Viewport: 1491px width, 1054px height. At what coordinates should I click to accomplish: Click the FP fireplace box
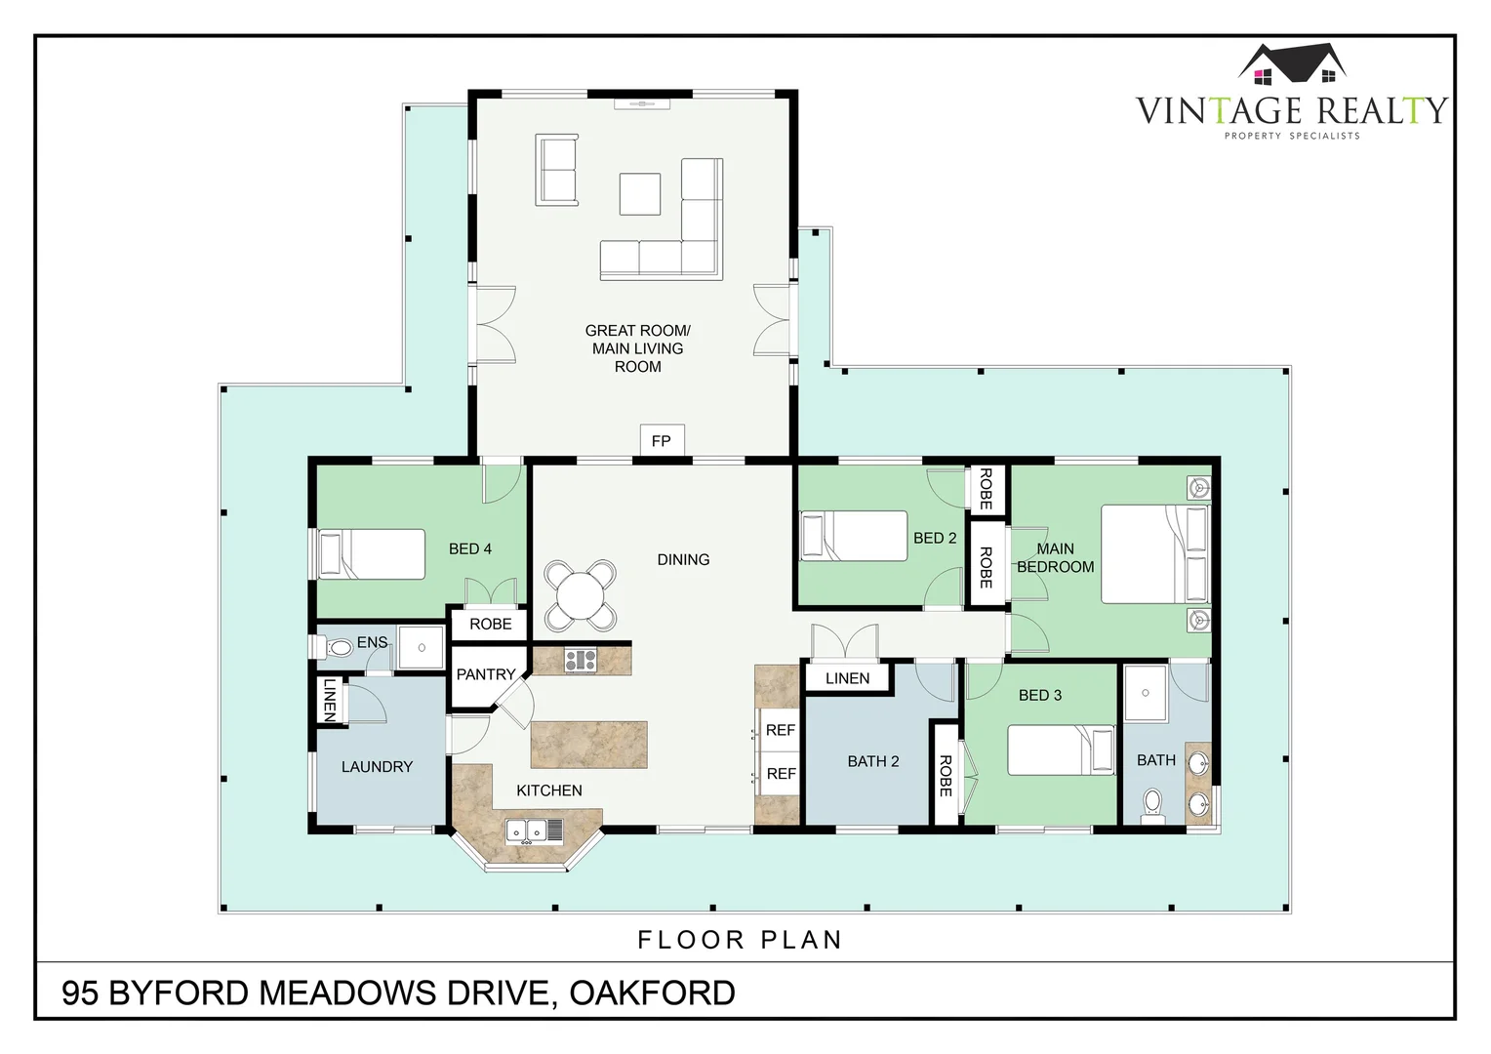tap(662, 440)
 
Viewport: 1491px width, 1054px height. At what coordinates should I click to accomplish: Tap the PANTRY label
tap(486, 673)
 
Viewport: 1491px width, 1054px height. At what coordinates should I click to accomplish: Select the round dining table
tap(579, 594)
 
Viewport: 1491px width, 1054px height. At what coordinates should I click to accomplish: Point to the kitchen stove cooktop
tap(581, 661)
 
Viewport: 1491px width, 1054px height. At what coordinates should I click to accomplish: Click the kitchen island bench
tap(589, 745)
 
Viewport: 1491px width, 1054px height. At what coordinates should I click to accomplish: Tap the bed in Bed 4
tap(371, 554)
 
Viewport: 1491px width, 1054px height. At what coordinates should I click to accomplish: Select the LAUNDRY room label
tap(378, 766)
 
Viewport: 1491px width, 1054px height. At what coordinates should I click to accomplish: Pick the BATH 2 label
tap(873, 761)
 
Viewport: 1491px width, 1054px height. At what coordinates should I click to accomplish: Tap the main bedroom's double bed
tap(1155, 554)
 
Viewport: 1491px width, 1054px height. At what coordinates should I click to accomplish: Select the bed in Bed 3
tap(1061, 750)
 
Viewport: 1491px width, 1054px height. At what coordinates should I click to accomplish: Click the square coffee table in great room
tap(640, 194)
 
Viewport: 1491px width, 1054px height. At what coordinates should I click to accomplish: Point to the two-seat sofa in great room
tap(557, 170)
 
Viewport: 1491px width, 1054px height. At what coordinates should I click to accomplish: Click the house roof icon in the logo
tap(1293, 64)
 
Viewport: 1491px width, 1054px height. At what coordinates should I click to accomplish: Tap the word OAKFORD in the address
tap(652, 993)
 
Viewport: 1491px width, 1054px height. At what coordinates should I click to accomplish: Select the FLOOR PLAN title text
tap(741, 940)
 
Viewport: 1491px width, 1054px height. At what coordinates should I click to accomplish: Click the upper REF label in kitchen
tap(781, 730)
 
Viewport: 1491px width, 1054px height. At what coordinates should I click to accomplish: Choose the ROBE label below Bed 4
tap(491, 624)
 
